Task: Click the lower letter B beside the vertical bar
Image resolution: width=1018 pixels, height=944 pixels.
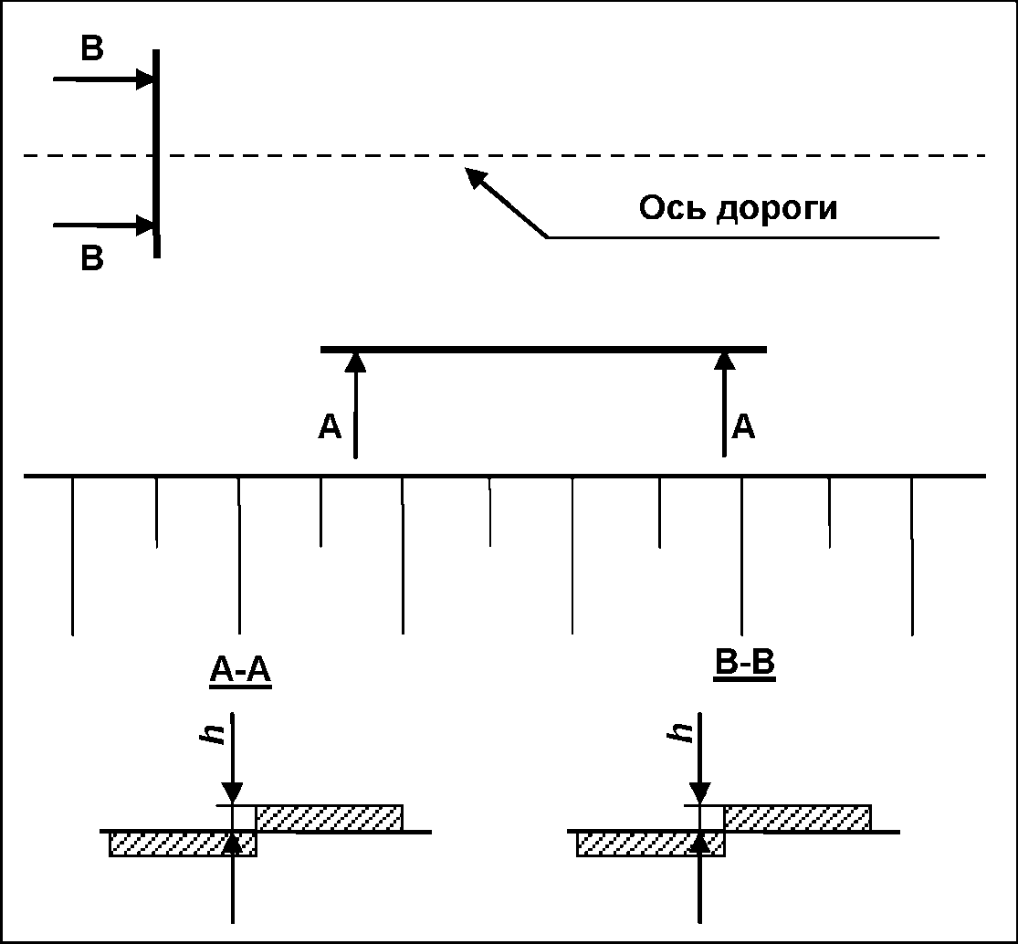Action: pyautogui.click(x=91, y=259)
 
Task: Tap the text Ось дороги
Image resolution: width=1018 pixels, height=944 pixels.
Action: pyautogui.click(x=738, y=208)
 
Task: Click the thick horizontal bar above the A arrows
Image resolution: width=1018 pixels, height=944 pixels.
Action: pyautogui.click(x=543, y=350)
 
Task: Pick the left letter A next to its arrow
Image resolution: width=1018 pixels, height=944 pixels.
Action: pyautogui.click(x=330, y=427)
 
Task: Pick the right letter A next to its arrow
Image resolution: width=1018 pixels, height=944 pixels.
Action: pyautogui.click(x=744, y=427)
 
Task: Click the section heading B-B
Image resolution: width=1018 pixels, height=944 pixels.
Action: pyautogui.click(x=744, y=664)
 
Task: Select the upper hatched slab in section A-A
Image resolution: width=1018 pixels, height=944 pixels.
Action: pyautogui.click(x=330, y=818)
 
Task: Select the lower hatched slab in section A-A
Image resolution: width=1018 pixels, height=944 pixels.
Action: pyautogui.click(x=183, y=844)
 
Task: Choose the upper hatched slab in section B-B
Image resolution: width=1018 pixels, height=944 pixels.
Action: pyautogui.click(x=797, y=818)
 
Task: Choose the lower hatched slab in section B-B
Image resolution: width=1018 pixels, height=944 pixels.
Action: pyautogui.click(x=650, y=844)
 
